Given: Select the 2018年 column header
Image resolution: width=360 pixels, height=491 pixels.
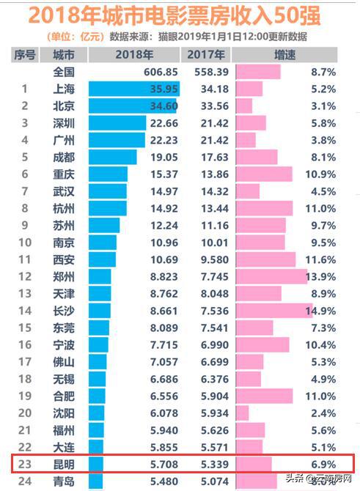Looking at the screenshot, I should point(134,54).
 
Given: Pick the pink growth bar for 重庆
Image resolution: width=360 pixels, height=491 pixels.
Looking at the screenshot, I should point(263,174).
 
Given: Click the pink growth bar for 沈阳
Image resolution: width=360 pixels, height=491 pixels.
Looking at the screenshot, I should point(242,413).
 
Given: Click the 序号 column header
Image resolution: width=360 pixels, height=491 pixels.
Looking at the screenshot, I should point(25,54).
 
